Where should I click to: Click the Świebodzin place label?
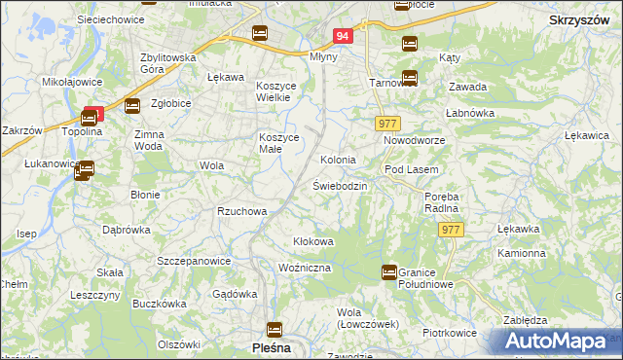point(340,185)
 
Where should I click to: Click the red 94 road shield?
point(341,36)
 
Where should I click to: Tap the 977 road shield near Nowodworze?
point(388,123)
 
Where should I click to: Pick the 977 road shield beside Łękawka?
point(450,230)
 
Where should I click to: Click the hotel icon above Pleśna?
point(274,329)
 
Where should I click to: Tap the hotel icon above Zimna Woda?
point(132,106)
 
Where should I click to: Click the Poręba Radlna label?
point(441,201)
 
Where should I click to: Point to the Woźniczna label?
point(305,267)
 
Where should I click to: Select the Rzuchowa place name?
point(242,211)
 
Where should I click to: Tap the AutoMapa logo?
point(560,342)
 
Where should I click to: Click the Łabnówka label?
point(471,113)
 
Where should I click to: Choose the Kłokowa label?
point(313,240)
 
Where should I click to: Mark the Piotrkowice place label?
point(451,333)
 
